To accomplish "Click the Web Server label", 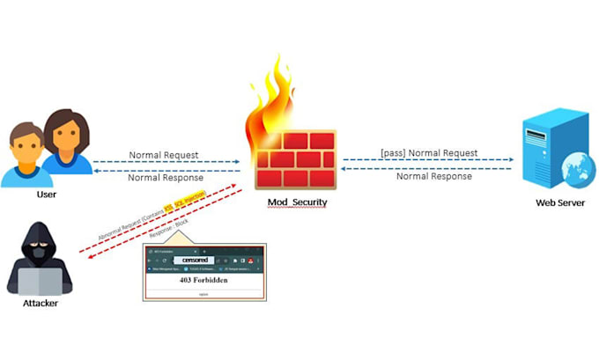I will tap(560, 203).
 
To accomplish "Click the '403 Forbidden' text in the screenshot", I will tap(203, 279).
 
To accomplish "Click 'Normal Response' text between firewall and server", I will tap(433, 176).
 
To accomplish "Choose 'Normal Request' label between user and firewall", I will tap(164, 155).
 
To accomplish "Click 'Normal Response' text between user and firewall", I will tap(164, 177).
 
